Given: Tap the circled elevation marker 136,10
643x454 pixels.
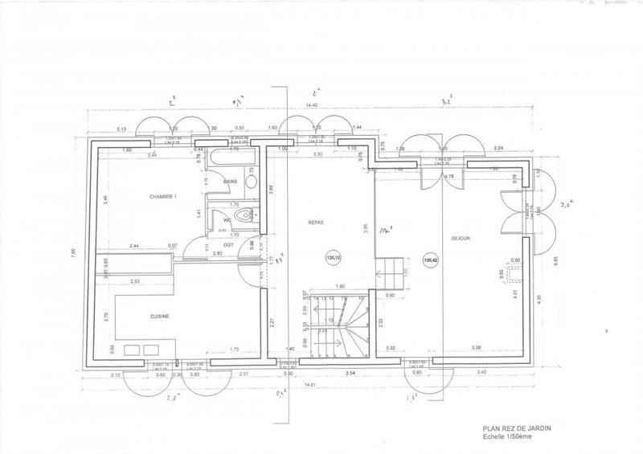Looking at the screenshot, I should click(332, 258).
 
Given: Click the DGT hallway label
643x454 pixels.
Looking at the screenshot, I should click(228, 244).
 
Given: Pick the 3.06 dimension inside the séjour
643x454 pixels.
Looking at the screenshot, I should click(476, 346).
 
